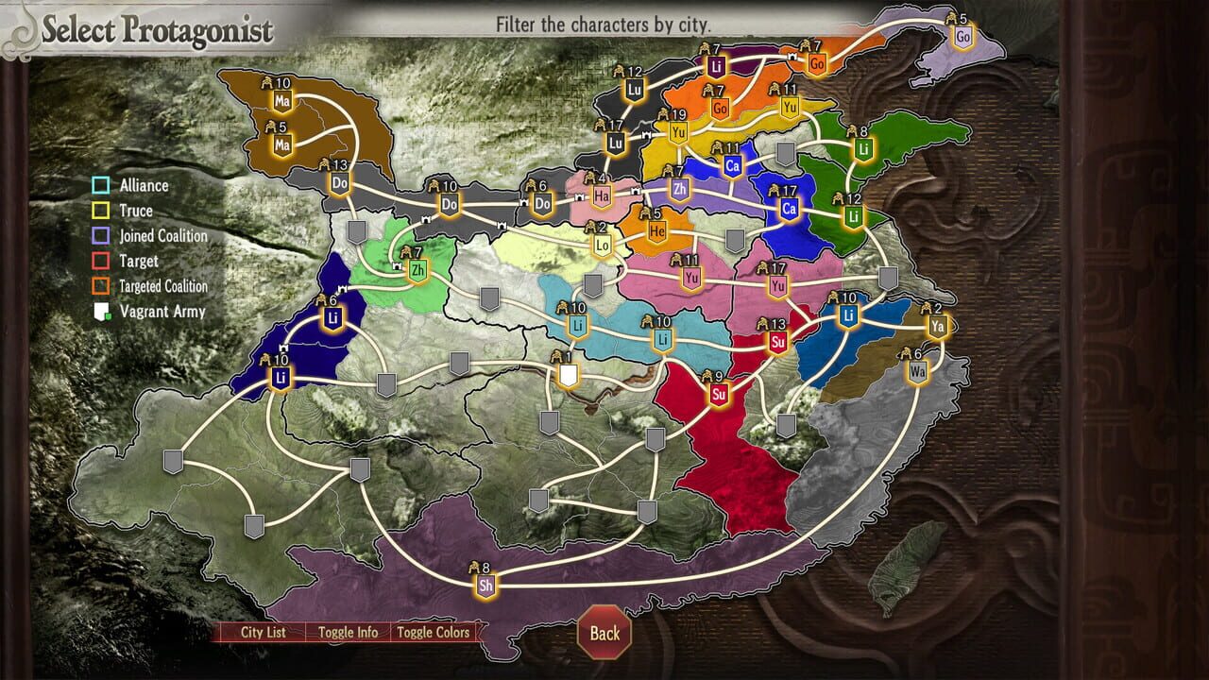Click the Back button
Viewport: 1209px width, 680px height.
click(604, 633)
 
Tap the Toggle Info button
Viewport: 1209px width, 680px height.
click(348, 633)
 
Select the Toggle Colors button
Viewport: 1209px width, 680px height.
click(433, 633)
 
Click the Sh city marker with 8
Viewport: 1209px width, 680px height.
click(486, 586)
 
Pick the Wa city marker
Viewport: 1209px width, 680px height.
click(917, 371)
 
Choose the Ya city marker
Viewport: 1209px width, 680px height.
click(937, 327)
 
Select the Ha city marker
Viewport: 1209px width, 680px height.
click(602, 196)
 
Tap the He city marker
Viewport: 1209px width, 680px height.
click(657, 231)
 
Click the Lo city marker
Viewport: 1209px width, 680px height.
click(603, 246)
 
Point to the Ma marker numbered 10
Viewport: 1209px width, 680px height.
click(282, 100)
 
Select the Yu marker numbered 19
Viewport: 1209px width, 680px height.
click(677, 133)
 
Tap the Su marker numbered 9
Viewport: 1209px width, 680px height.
click(720, 394)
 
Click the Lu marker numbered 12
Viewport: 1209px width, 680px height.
click(635, 91)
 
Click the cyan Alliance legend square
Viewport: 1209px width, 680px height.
click(101, 186)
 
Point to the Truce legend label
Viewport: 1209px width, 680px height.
click(136, 211)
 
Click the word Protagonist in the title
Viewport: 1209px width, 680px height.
click(196, 30)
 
